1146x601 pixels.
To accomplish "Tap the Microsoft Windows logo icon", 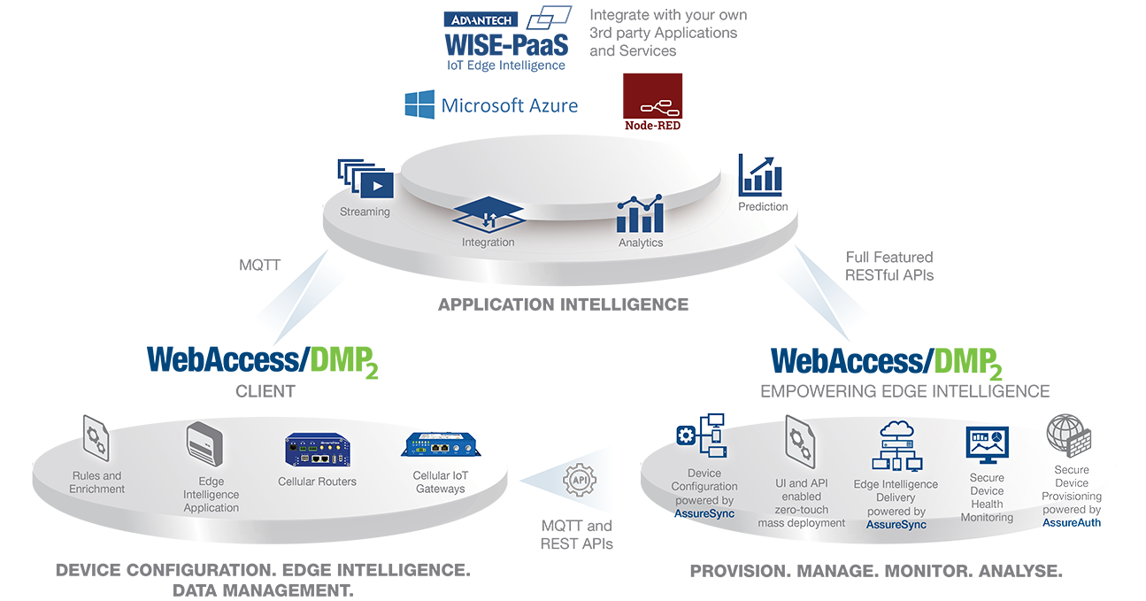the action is [x=419, y=104].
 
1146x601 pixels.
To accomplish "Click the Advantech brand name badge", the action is [x=481, y=19].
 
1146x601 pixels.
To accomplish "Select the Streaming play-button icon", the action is [x=365, y=179].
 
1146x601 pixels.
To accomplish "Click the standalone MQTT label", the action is [x=260, y=265].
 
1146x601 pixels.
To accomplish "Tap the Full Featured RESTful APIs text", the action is [x=889, y=266].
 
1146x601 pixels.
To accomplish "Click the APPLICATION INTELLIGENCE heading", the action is [x=563, y=304].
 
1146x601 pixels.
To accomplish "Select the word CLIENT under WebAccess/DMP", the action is [x=265, y=391].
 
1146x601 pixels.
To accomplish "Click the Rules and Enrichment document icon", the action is [x=96, y=439].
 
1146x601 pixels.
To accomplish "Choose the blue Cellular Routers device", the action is [x=318, y=450].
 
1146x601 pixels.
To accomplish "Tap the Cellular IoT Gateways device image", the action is [x=441, y=444].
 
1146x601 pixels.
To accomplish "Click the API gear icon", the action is [x=580, y=480].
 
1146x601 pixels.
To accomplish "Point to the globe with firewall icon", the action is [x=1069, y=435].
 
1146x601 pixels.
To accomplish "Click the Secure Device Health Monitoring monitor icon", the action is [x=987, y=444].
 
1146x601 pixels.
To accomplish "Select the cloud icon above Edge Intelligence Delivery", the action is [x=896, y=429].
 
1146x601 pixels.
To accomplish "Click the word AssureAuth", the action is [x=1072, y=523].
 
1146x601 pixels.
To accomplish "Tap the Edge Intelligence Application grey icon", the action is [x=204, y=443].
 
